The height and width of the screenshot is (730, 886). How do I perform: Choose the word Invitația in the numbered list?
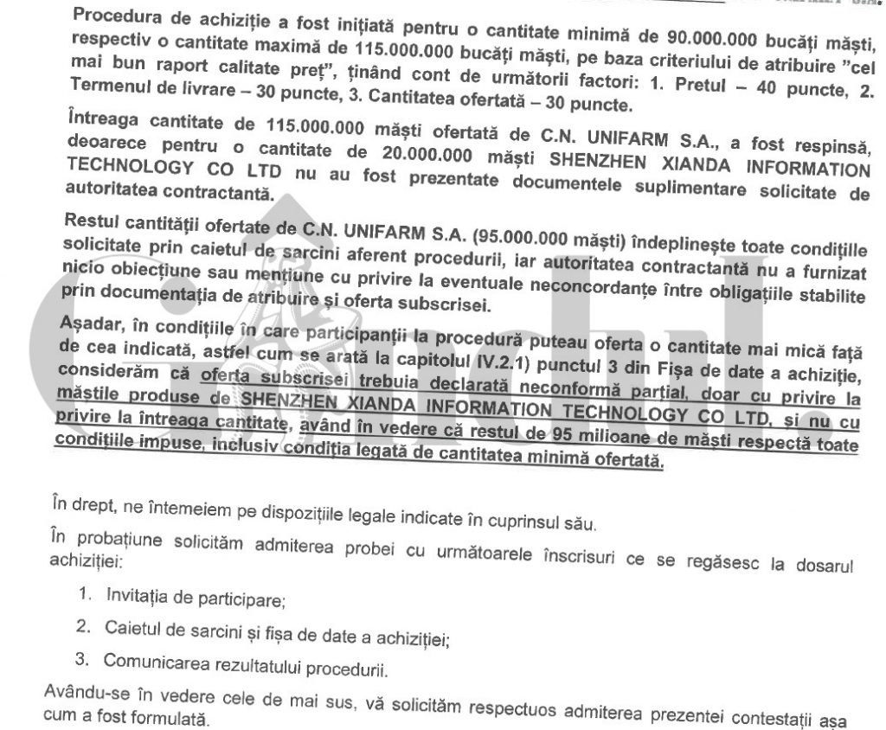pos(138,595)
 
